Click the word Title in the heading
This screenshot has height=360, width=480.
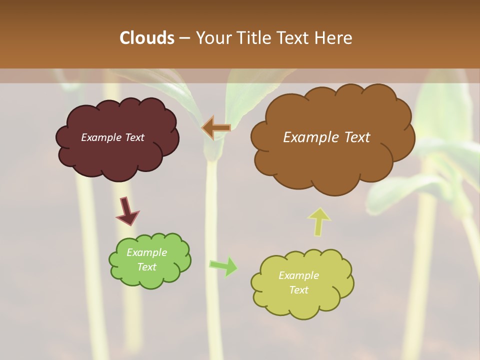pos(252,37)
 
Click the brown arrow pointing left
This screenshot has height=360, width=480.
pos(216,128)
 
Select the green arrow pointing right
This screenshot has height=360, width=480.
pos(223,266)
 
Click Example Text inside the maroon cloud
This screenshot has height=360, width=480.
pos(112,137)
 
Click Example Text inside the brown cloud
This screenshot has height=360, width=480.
pos(326,137)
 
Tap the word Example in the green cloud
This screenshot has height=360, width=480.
pos(146,252)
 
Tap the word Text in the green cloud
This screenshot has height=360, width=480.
pos(146,267)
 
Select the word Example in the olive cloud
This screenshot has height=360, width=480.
pos(298,275)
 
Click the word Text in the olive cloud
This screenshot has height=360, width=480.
pos(298,290)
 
